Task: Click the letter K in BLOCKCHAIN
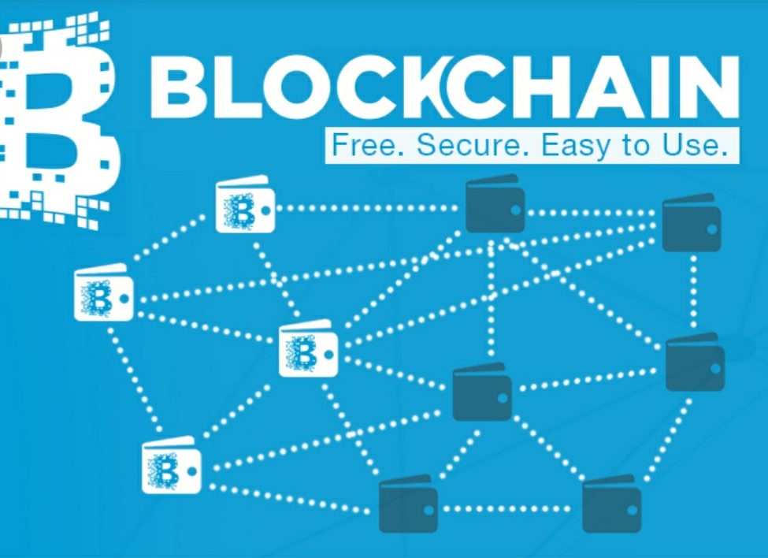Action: pyautogui.click(x=413, y=87)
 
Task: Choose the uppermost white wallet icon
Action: pyautogui.click(x=245, y=204)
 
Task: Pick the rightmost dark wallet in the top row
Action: pyautogui.click(x=691, y=222)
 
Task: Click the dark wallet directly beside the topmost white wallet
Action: pyautogui.click(x=495, y=203)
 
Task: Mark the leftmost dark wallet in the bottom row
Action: pyautogui.click(x=408, y=503)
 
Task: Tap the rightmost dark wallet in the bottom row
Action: pyautogui.click(x=612, y=503)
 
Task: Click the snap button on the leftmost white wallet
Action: pyautogui.click(x=124, y=299)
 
